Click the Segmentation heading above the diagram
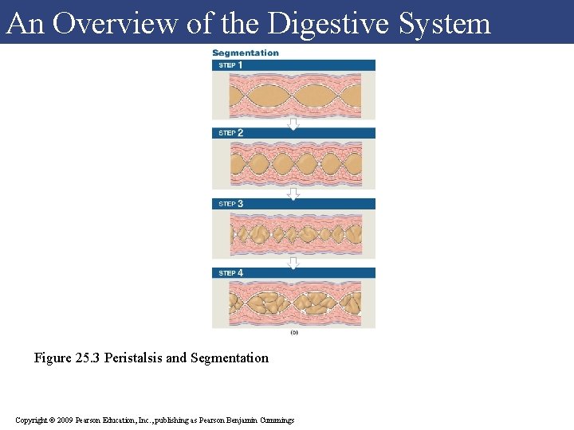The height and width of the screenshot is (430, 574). point(246,53)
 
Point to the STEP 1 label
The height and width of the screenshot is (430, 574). point(231,65)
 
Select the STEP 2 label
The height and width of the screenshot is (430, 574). point(231,133)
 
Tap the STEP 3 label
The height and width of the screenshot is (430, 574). point(231,204)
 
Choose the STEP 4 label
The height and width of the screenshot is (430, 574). point(231,273)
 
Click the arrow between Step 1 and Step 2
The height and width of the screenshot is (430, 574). point(293,123)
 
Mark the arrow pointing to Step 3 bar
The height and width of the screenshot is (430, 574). point(293,193)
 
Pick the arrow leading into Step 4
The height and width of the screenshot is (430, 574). point(293,263)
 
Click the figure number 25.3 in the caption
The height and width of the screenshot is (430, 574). point(89,358)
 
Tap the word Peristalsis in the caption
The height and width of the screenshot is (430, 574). point(133,358)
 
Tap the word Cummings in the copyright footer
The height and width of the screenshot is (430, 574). point(276,420)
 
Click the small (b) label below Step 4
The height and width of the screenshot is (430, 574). point(293,332)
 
